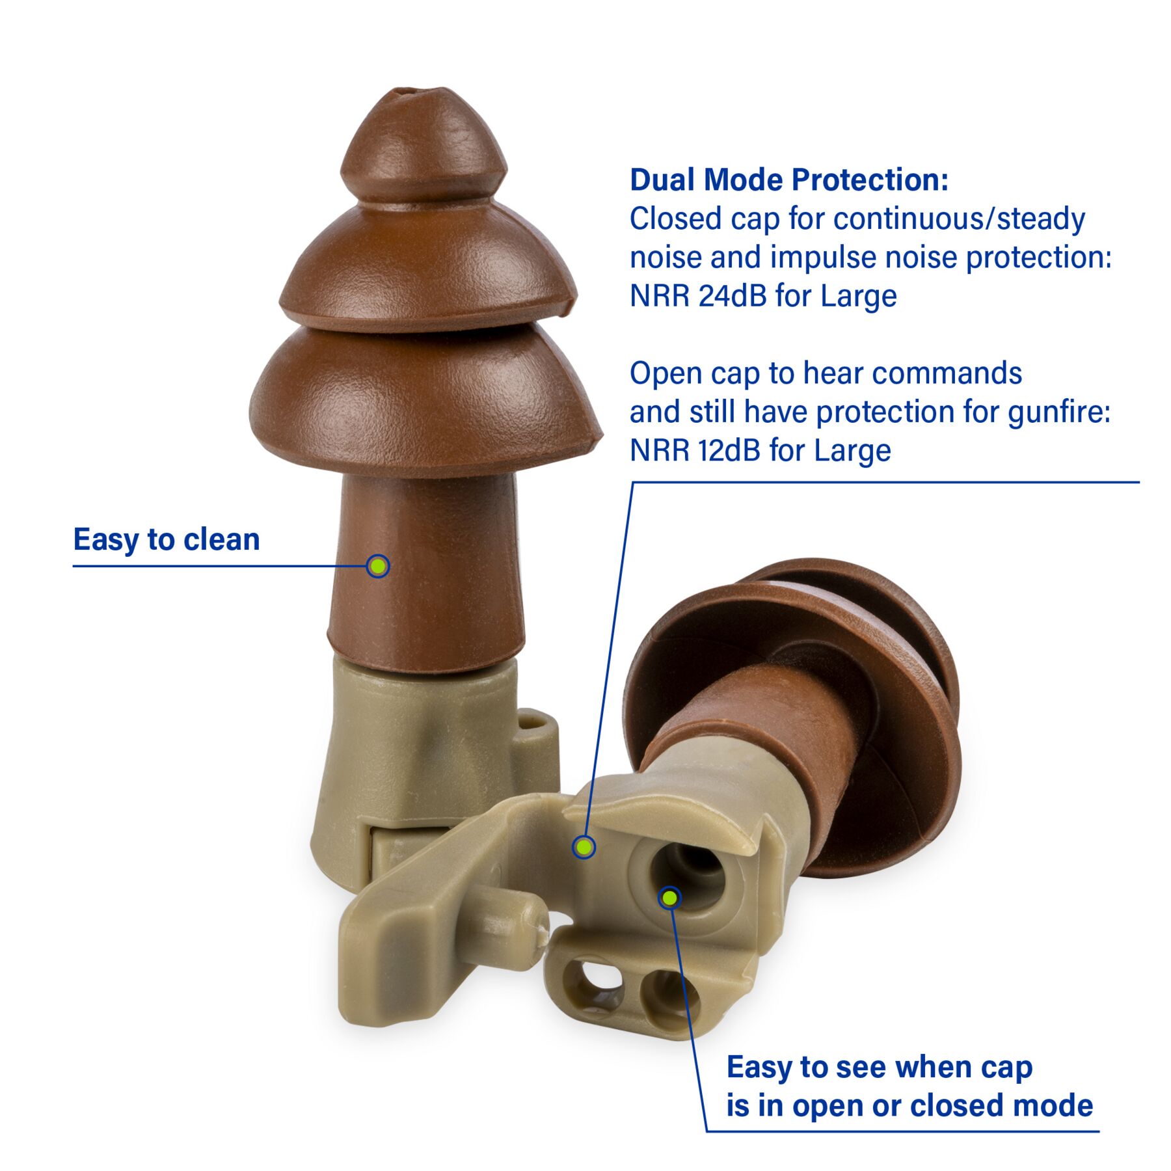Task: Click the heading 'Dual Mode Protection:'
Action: [x=789, y=180]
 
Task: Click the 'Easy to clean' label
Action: [x=167, y=539]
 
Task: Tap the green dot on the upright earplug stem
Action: [x=377, y=566]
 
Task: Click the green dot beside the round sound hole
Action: [x=669, y=898]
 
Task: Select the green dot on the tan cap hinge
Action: [x=584, y=846]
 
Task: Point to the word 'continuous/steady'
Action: [x=959, y=219]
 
